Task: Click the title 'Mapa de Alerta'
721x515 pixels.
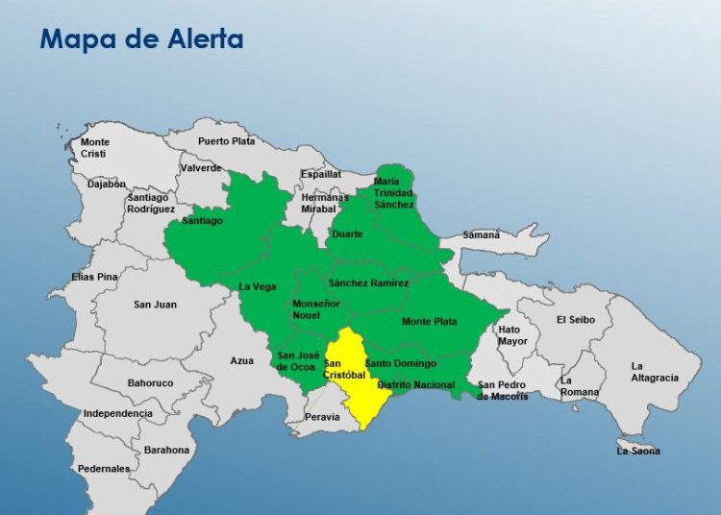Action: click(140, 39)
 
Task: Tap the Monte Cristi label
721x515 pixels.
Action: click(94, 148)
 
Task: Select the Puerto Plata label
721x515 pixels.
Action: click(226, 141)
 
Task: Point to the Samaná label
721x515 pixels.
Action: click(482, 234)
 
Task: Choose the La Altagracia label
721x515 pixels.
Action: click(654, 372)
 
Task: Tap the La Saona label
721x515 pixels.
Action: click(638, 451)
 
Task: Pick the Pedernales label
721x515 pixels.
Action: click(104, 469)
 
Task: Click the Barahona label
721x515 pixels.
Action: click(167, 450)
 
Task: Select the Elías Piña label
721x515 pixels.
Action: click(94, 277)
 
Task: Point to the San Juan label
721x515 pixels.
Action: click(155, 305)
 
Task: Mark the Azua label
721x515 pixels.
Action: click(241, 361)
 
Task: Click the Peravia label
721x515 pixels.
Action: click(322, 417)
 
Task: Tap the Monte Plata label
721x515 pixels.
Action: click(429, 321)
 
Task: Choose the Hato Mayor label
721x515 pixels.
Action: click(512, 335)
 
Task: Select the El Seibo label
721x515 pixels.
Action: click(575, 320)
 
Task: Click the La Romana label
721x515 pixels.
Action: click(579, 386)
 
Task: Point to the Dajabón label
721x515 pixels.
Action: click(107, 184)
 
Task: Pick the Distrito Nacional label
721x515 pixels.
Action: click(416, 384)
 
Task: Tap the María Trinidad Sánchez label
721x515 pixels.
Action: click(393, 192)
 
